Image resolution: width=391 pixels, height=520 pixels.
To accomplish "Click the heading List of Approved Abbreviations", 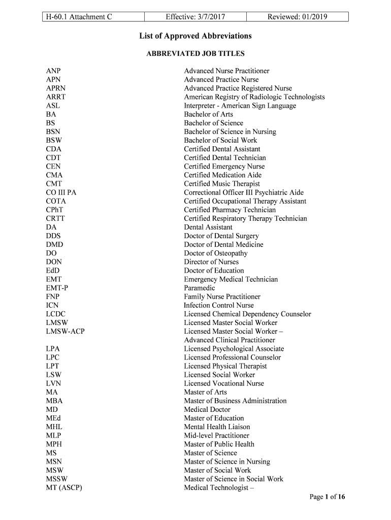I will (195, 36).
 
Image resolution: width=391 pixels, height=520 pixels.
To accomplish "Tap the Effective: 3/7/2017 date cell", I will (195, 17).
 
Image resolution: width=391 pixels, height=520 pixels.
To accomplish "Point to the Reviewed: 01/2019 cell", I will (298, 17).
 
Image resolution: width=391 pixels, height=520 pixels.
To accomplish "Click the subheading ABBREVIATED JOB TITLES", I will (195, 53).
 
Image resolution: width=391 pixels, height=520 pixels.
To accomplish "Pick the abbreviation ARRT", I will (56, 97).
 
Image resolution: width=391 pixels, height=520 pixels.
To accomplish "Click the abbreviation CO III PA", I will (61, 192).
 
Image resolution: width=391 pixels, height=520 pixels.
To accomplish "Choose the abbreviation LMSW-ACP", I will (65, 332).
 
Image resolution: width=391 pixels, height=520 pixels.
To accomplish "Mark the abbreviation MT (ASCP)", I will (64, 487).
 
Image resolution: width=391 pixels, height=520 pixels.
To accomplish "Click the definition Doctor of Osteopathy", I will (216, 253).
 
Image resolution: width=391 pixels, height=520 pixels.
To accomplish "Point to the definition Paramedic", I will (200, 288).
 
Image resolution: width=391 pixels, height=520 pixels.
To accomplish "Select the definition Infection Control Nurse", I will (219, 305).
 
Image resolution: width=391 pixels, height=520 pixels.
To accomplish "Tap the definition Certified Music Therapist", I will (222, 184).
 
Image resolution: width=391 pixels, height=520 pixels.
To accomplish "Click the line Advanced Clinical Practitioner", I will (230, 340).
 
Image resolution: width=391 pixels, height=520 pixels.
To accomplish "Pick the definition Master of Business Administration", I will (235, 401).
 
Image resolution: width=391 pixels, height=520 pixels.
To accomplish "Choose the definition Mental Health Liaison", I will (217, 427).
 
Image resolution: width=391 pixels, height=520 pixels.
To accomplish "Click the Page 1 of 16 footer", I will (328, 497).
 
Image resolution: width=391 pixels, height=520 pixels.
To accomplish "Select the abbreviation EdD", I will (53, 271).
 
